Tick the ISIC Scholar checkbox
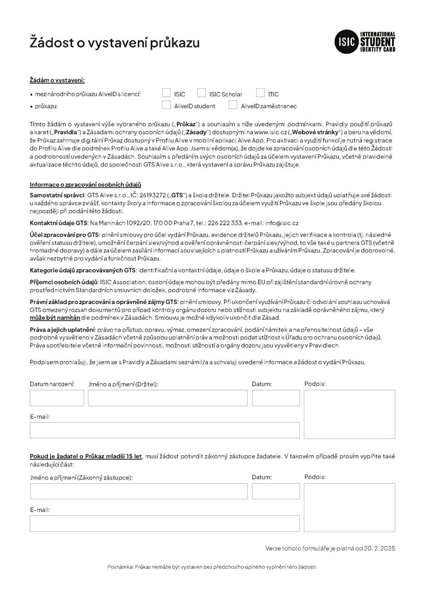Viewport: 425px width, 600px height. pyautogui.click(x=202, y=93)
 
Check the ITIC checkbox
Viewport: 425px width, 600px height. pyautogui.click(x=260, y=93)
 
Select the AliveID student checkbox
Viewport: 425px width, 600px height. pyautogui.click(x=166, y=105)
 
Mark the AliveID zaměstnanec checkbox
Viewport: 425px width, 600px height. pyautogui.click(x=233, y=105)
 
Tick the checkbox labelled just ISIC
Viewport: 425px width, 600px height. pyautogui.click(x=166, y=93)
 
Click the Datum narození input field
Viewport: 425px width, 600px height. pyautogui.click(x=57, y=398)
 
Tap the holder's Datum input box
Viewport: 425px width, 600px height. pyautogui.click(x=276, y=398)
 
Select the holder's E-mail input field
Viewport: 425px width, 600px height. pyautogui.click(x=164, y=430)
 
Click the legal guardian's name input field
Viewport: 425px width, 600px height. pyautogui.click(x=139, y=491)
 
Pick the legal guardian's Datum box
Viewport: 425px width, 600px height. pyautogui.click(x=276, y=491)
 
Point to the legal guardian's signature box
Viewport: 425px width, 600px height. pyautogui.click(x=350, y=507)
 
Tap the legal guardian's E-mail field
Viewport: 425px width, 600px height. pyautogui.click(x=164, y=524)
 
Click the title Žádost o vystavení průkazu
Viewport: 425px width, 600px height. pyautogui.click(x=114, y=42)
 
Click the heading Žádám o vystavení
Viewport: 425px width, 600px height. pyautogui.click(x=57, y=81)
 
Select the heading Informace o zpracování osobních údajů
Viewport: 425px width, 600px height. pyautogui.click(x=85, y=185)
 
